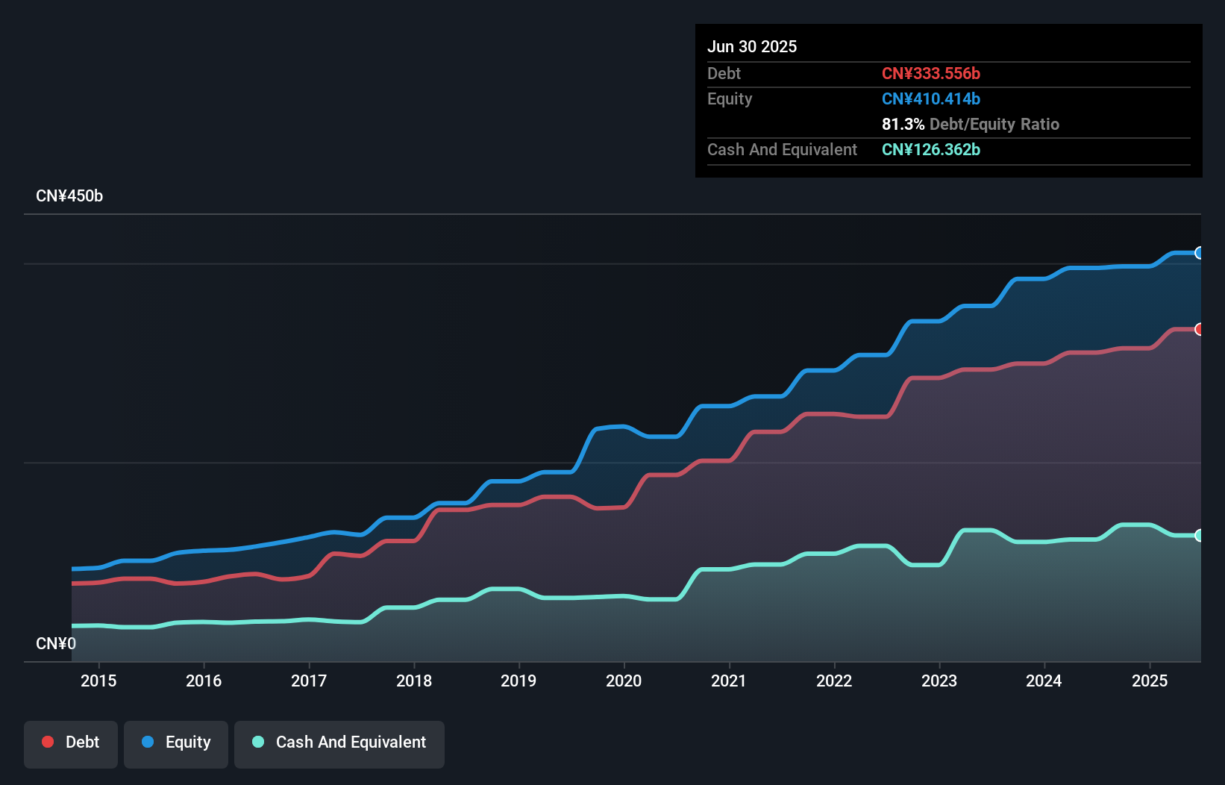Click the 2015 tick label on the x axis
[x=98, y=681]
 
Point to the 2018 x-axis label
[x=414, y=681]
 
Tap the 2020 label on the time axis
[x=624, y=681]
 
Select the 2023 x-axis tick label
[x=939, y=681]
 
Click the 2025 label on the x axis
[x=1150, y=681]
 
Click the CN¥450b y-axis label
[x=69, y=196]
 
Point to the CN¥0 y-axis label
[x=56, y=643]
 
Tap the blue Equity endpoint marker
[x=1199, y=253]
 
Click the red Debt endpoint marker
[x=1199, y=329]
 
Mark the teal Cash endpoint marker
[x=1199, y=535]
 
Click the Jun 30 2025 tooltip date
[x=752, y=47]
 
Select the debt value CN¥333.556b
[x=931, y=74]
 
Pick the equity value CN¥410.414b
[x=931, y=99]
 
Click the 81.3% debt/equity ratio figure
[x=903, y=125]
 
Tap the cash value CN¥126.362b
[x=931, y=150]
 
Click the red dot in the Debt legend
[x=48, y=742]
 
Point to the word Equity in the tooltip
[x=730, y=99]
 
